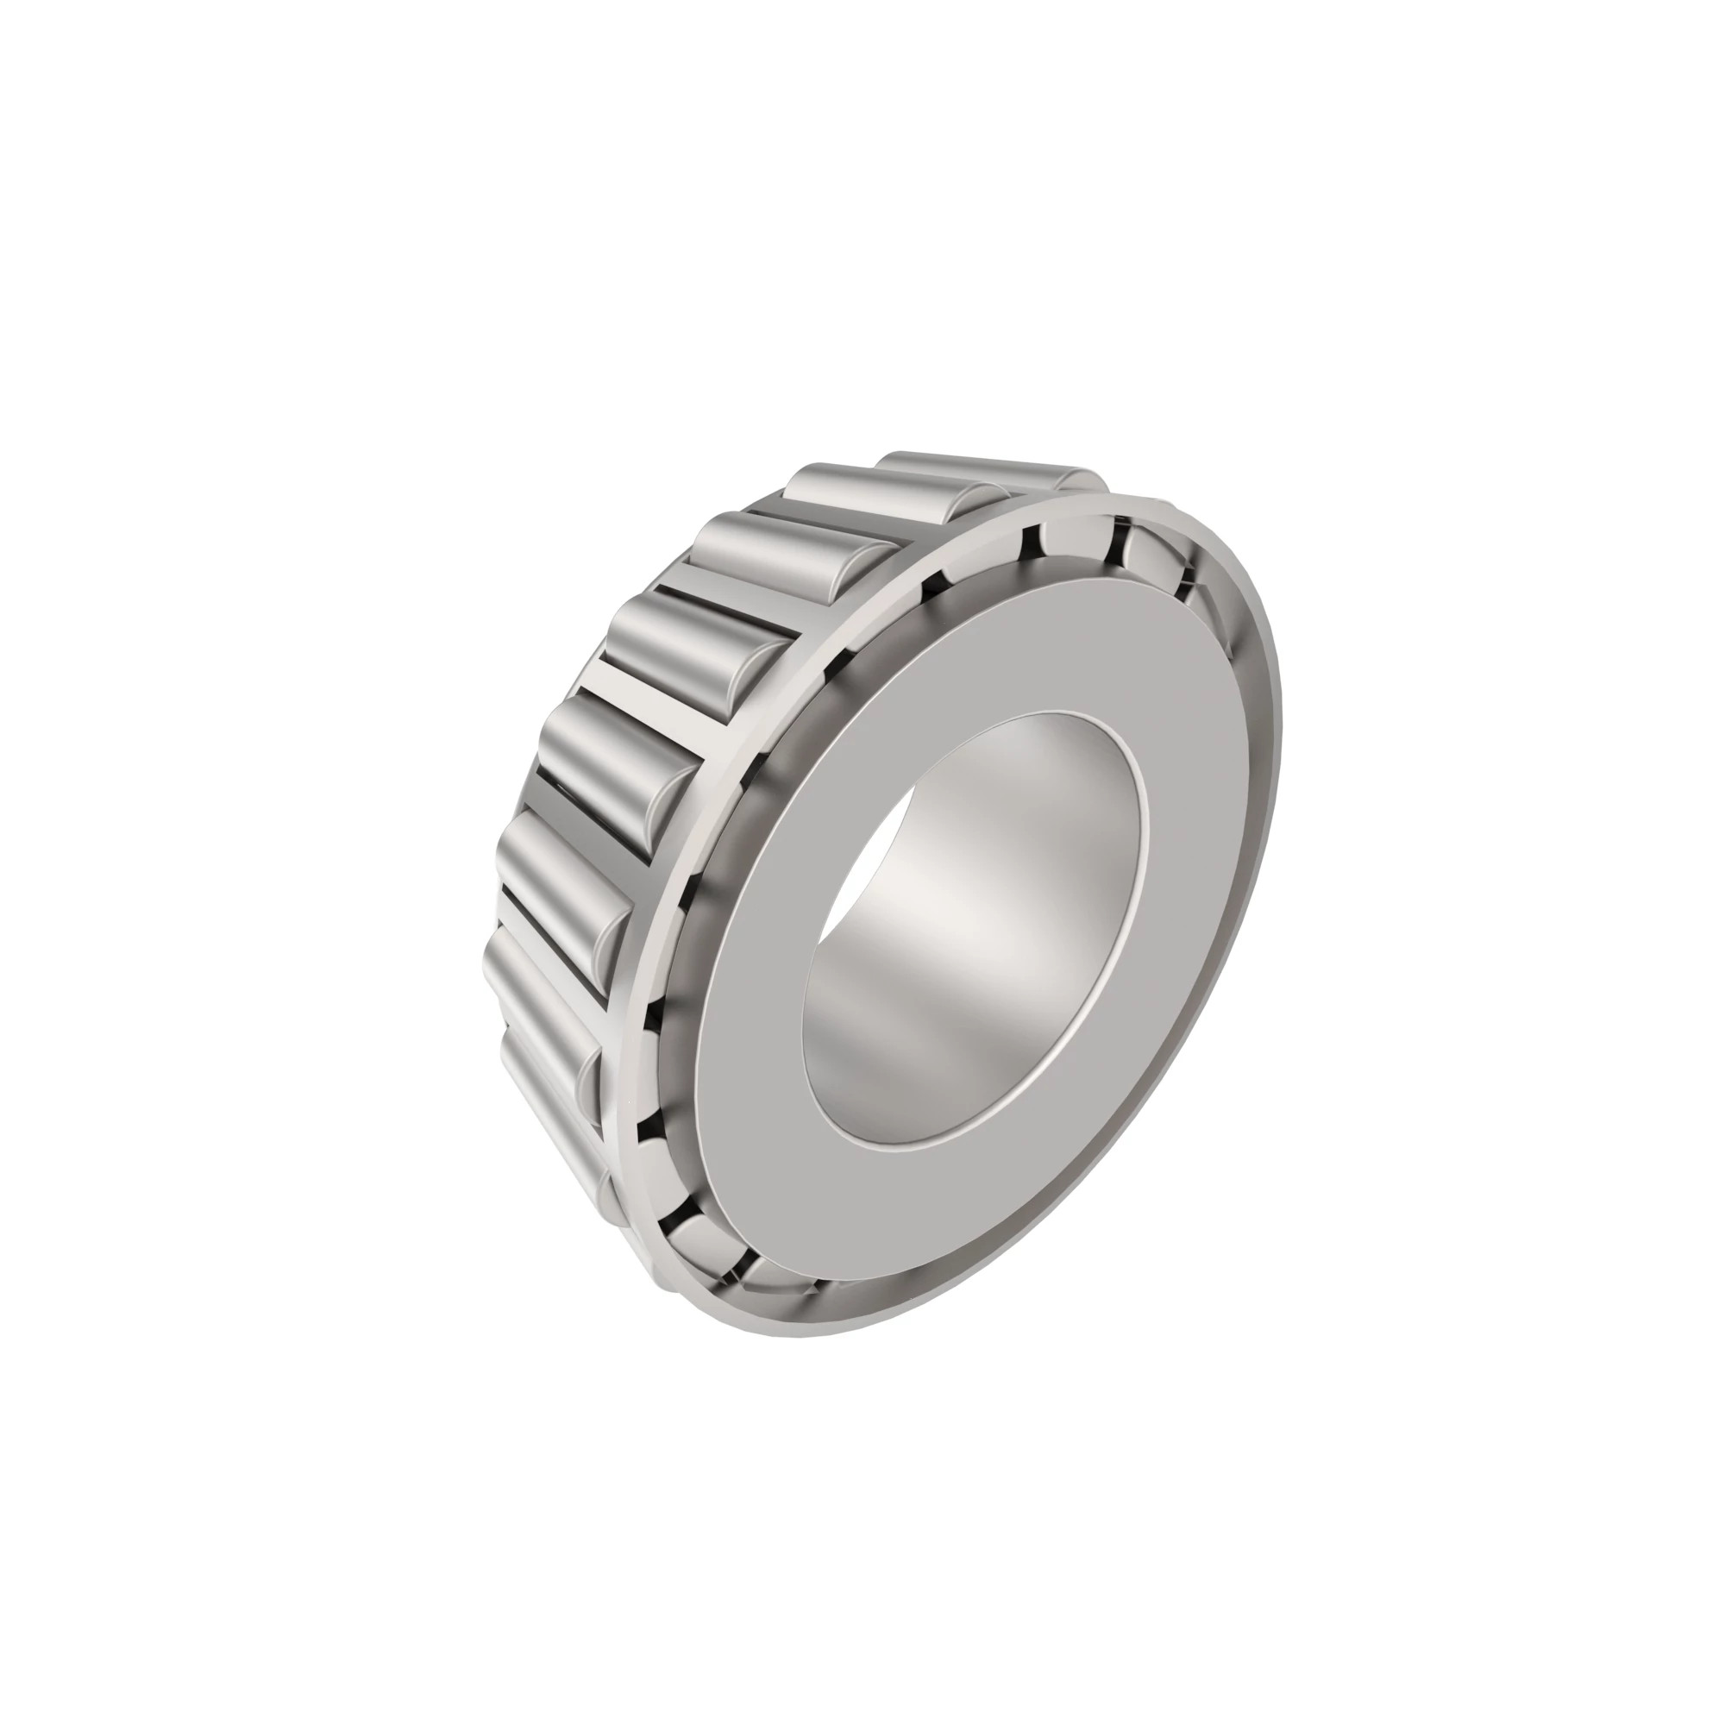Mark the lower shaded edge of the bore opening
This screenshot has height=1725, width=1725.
point(938,1134)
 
